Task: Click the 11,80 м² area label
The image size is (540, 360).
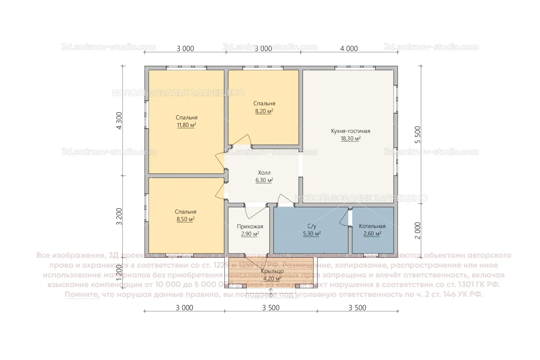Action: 186,125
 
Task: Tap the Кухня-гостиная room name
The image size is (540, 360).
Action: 350,131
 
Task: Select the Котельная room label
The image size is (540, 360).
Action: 372,226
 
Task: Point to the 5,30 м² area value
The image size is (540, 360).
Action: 311,234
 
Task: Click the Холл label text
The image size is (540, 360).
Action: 264,173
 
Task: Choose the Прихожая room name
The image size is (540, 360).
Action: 250,226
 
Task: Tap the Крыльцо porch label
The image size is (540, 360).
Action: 272,271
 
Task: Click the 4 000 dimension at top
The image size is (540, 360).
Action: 349,49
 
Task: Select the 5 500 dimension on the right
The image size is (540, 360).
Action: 418,135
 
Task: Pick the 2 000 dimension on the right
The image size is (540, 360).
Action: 418,230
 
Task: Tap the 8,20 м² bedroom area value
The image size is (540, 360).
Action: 264,111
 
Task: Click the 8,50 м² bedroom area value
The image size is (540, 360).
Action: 185,219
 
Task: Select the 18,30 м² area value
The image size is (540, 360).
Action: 350,139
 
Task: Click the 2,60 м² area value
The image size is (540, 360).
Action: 372,234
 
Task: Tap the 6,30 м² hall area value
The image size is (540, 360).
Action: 264,180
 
